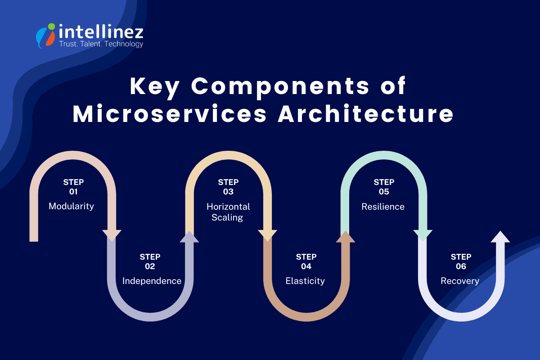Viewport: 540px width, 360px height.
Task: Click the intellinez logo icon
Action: point(46,35)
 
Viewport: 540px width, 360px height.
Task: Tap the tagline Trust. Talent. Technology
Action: point(101,44)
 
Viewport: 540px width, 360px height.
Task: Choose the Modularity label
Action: point(72,206)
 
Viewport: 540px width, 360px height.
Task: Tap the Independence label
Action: point(152,281)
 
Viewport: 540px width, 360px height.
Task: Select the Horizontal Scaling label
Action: point(228,212)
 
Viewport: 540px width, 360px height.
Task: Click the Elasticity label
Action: point(305,281)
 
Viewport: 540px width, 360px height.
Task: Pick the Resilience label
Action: point(383,207)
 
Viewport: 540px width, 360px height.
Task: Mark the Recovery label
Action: point(460,281)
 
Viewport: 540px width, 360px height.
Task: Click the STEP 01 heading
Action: point(73,187)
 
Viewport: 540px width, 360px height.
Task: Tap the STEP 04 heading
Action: point(306,261)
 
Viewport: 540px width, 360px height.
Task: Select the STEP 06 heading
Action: point(461,261)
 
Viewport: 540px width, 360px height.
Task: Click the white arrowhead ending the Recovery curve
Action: point(500,237)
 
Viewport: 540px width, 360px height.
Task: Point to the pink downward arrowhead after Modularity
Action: point(112,235)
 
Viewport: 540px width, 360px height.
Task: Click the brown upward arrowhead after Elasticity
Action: point(345,237)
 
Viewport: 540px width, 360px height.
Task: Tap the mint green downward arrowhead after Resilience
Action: point(423,235)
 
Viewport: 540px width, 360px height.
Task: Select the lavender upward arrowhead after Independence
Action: point(189,237)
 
